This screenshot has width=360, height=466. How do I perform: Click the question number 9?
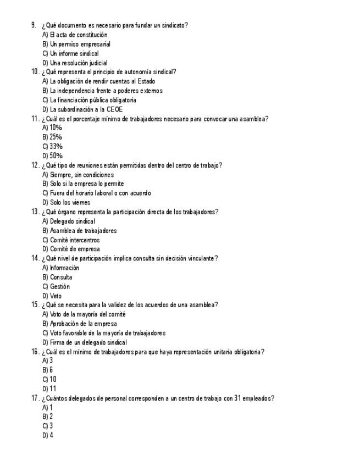coord(34,25)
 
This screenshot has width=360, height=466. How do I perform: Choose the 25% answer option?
coord(52,137)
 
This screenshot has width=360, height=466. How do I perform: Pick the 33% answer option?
coord(52,146)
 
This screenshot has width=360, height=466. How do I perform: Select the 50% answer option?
coord(52,156)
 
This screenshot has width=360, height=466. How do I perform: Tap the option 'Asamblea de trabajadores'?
coord(79,231)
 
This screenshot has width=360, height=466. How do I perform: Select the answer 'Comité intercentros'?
coord(71,240)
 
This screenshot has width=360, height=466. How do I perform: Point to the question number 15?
coord(35,305)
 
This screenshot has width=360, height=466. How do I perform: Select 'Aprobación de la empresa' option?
coord(79,324)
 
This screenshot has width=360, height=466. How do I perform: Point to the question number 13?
coord(35,212)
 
